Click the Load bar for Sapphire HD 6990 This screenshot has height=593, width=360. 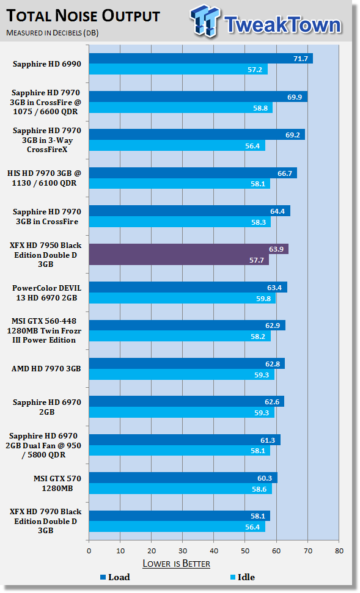coord(201,58)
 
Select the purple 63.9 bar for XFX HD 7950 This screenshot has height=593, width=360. coord(189,249)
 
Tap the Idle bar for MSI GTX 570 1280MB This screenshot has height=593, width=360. coord(180,489)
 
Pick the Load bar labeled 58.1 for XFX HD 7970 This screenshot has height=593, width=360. coord(180,516)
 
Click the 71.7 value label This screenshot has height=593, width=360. coord(301,59)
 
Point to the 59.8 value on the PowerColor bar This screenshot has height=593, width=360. coord(263,299)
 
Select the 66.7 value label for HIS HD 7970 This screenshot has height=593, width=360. coord(285,173)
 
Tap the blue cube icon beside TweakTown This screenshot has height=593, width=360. coord(205,21)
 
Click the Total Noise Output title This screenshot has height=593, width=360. coord(83,16)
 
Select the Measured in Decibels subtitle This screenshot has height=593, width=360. coord(52,33)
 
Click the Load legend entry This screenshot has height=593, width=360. coord(115,577)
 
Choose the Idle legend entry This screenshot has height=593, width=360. coord(243,577)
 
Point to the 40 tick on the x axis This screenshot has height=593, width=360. coord(214,551)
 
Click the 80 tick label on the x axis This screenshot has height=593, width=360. coord(339,551)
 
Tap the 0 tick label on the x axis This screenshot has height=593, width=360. coord(89,551)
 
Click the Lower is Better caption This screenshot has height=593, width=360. coord(177,564)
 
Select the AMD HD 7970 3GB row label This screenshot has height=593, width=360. coord(46,369)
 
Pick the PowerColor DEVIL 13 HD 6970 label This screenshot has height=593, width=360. coord(46,293)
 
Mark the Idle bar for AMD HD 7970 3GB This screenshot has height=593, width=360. coord(182,375)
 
